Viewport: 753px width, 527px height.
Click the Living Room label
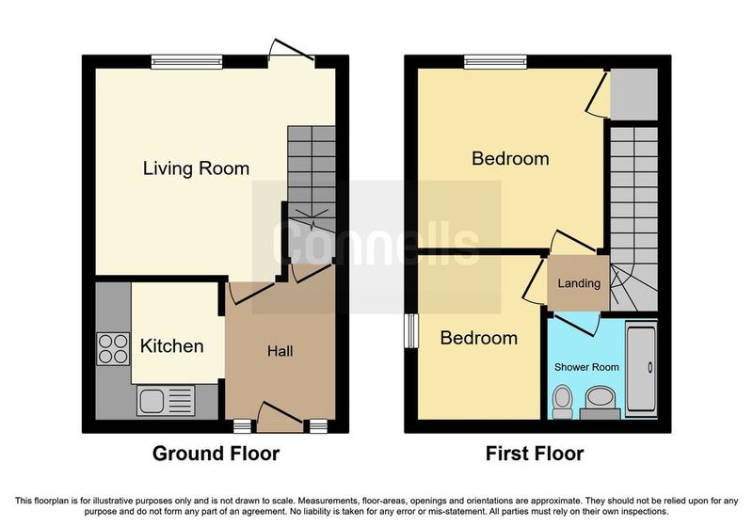click(196, 169)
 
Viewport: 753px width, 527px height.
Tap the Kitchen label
click(172, 346)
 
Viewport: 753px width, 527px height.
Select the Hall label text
click(280, 352)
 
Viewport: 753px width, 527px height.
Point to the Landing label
click(579, 283)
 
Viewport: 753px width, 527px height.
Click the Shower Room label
click(586, 366)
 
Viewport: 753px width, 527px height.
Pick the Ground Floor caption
click(216, 454)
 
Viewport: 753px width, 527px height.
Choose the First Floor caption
click(535, 454)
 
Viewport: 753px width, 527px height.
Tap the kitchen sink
click(165, 401)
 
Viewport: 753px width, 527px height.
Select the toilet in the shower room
click(562, 402)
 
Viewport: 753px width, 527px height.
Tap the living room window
click(186, 62)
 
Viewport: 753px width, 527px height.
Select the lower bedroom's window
click(410, 330)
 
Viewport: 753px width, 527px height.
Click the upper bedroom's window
click(496, 62)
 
